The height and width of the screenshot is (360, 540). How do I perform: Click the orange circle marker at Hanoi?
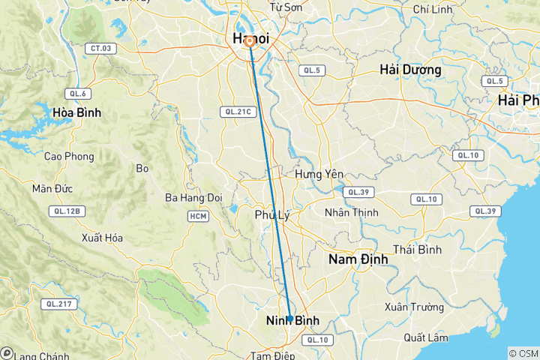pos(250,42)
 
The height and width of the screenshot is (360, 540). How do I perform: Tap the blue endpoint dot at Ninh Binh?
pos(289,319)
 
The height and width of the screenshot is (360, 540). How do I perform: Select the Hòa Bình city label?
pos(76,112)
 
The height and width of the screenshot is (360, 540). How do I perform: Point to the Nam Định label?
pos(358,259)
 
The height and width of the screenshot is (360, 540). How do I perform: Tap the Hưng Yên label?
pos(319,174)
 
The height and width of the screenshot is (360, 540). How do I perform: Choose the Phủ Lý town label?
pos(271,214)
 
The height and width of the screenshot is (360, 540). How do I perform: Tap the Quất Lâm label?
pos(424,337)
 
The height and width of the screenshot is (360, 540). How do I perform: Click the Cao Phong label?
pos(69,156)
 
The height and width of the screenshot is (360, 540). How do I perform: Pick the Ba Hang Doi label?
pos(194,198)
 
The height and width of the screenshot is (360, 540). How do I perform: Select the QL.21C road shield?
pos(237,111)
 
